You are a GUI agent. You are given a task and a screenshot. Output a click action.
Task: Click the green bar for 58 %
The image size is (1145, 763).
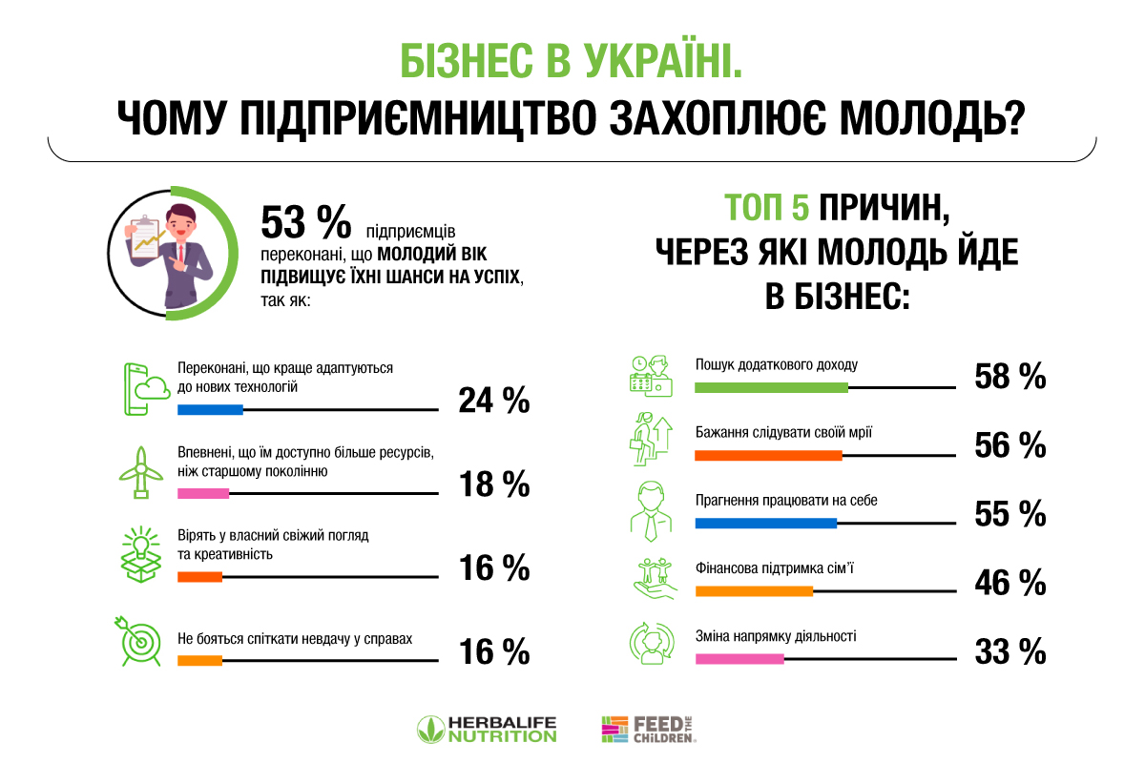point(771,387)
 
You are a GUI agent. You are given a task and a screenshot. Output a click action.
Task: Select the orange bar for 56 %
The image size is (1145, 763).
point(768,455)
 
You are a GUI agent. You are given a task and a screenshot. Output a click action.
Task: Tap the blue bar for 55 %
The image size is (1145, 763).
point(765,523)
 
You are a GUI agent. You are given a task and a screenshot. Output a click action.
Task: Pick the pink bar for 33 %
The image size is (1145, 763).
point(739,658)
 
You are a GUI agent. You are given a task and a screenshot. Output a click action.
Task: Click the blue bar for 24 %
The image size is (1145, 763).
point(210,410)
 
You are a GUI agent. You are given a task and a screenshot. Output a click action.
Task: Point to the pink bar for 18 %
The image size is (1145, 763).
point(203,494)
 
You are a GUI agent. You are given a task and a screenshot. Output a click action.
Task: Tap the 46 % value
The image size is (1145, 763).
point(1010,582)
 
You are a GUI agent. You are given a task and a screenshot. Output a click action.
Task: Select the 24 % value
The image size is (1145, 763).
point(493,401)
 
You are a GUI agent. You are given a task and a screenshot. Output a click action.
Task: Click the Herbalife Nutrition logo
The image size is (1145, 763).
point(487,730)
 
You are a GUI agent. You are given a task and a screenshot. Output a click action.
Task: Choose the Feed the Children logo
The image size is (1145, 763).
point(649,730)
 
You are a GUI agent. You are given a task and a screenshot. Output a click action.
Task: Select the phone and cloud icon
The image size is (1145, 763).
point(141,388)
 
